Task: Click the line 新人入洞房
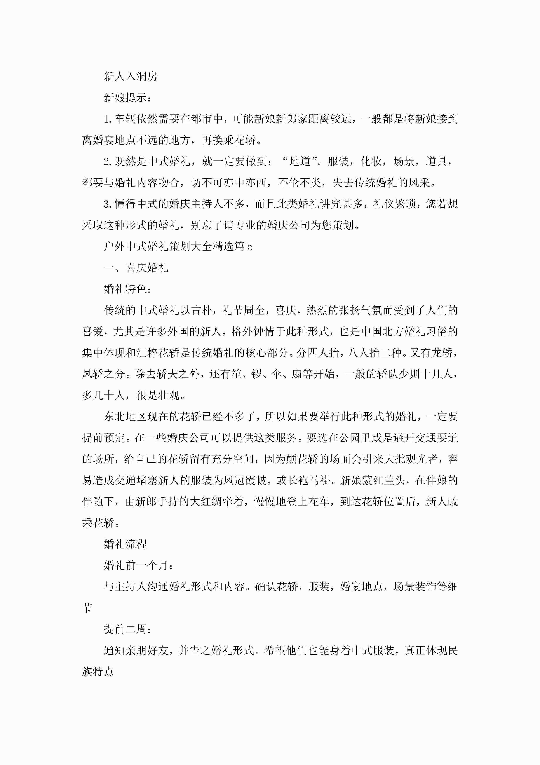coord(130,77)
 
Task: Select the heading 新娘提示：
coord(127,98)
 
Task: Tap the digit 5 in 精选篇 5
coord(250,247)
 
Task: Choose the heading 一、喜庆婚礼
coord(136,268)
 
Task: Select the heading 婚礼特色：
coord(127,289)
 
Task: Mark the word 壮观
coord(169,396)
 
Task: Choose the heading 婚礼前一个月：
coord(138,565)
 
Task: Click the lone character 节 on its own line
coord(87,608)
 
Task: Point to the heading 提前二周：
coord(127,629)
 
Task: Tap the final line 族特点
coord(98,672)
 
